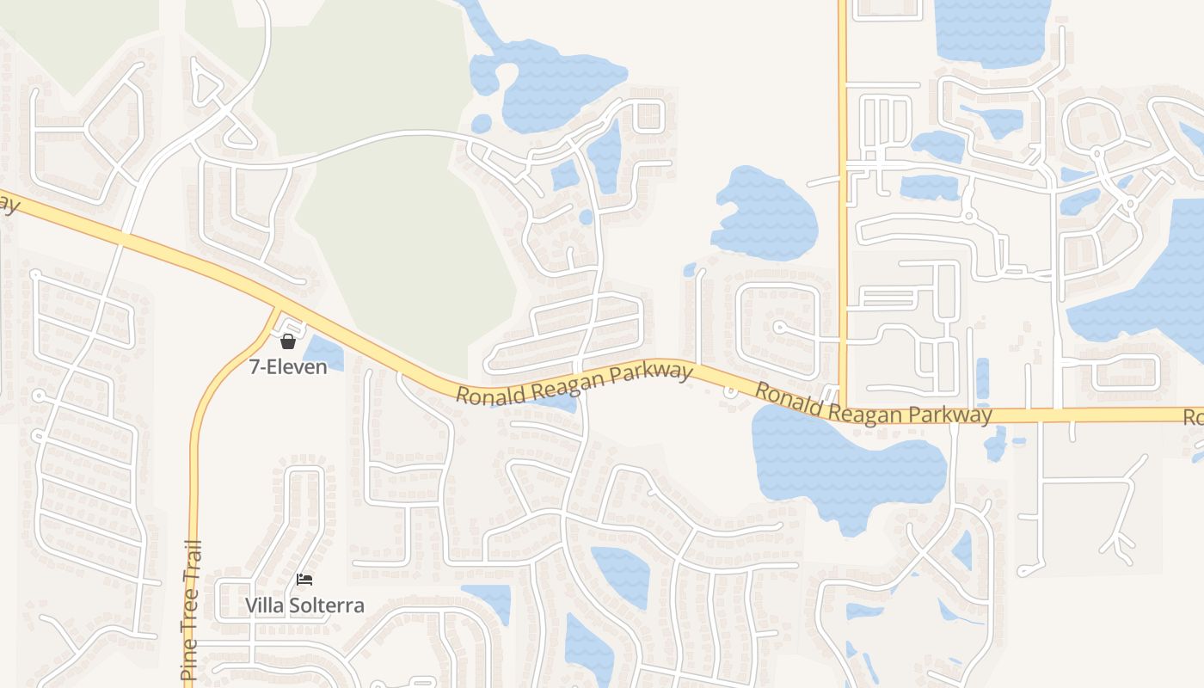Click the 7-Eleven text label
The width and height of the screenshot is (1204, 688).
coord(288,367)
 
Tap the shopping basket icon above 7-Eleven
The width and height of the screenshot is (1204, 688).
coord(288,341)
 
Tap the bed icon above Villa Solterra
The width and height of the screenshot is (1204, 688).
coord(304,580)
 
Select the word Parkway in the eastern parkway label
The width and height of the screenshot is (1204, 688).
coord(954,415)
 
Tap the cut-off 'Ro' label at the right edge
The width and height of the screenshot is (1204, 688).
coord(1194,418)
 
